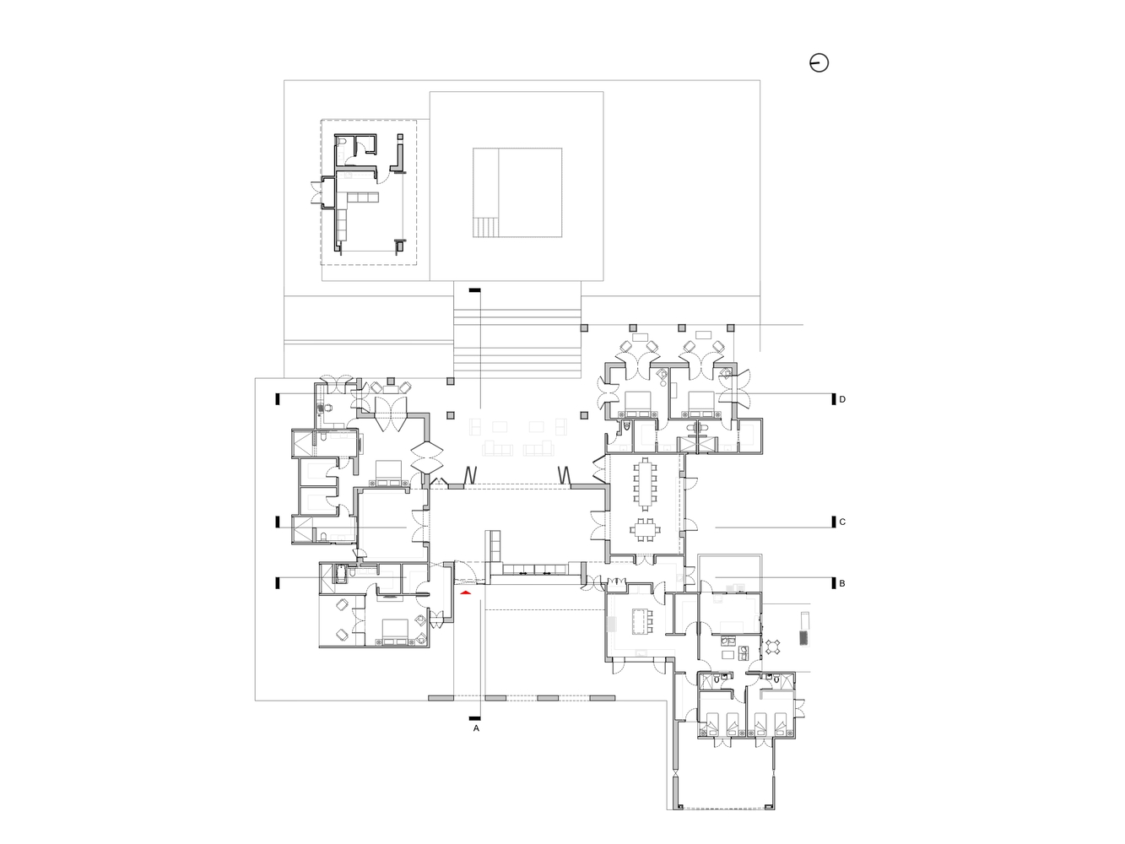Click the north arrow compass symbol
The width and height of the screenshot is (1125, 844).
tap(819, 62)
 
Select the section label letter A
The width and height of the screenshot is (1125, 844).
tap(476, 728)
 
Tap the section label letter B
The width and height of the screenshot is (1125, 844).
tap(841, 583)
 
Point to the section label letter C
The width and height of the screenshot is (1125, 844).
tap(841, 522)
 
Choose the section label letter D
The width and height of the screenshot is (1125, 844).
tap(841, 399)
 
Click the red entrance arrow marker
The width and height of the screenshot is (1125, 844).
tap(465, 593)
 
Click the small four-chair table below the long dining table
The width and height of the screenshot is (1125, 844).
tap(646, 530)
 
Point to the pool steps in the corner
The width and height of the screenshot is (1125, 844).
tap(485, 228)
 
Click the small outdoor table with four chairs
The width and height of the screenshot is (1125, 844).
tap(774, 647)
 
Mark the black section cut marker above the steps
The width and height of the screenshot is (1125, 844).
tap(476, 290)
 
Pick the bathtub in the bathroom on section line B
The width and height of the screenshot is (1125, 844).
tap(341, 573)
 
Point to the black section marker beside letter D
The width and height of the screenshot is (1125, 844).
tap(831, 399)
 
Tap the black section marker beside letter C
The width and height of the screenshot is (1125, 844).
tap(831, 522)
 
